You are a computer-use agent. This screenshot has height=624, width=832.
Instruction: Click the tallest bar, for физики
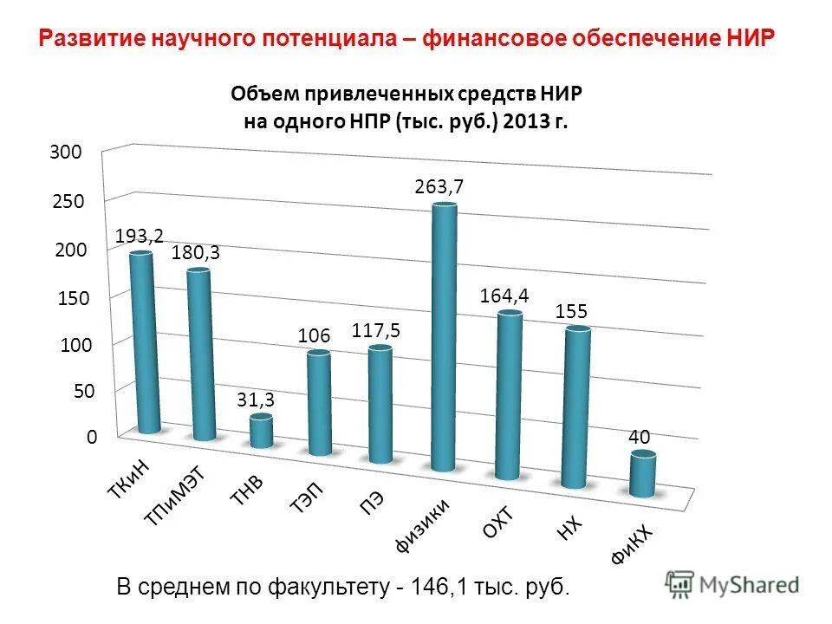(444, 338)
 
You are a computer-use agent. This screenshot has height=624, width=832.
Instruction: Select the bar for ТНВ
(261, 431)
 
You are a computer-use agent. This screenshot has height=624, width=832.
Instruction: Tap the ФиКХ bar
(642, 473)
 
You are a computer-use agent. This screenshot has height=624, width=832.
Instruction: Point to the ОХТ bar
(509, 395)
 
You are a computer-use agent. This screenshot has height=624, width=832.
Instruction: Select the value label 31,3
(256, 400)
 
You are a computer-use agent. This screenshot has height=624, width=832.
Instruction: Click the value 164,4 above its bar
(504, 296)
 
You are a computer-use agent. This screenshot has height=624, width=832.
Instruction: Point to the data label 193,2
(140, 235)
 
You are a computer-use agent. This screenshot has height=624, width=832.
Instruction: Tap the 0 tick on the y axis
(90, 439)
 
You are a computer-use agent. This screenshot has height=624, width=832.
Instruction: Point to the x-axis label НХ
(569, 526)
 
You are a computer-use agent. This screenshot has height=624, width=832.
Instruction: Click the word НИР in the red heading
(748, 39)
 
